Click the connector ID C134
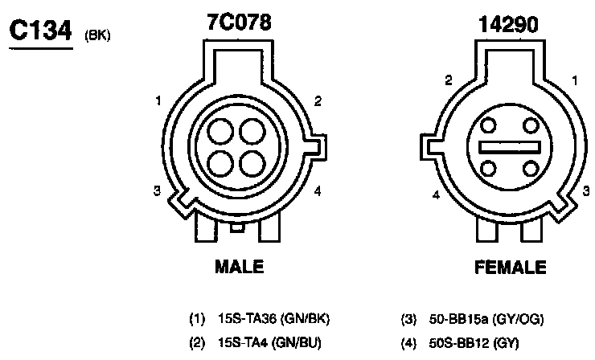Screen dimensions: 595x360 [40, 30]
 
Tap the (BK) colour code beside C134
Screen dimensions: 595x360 [97, 35]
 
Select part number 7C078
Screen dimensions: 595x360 [239, 22]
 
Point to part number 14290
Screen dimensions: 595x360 [508, 25]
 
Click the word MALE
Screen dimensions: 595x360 [239, 266]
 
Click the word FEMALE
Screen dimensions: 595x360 [511, 267]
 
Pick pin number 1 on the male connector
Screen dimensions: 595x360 [158, 101]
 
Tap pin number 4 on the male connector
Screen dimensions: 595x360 [318, 190]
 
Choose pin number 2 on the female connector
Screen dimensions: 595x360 [449, 80]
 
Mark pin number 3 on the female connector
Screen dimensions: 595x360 [586, 190]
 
